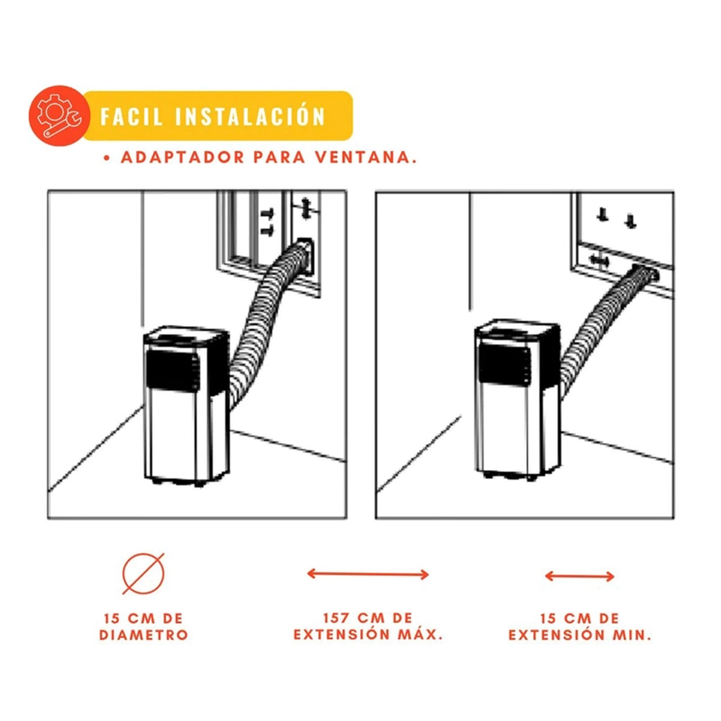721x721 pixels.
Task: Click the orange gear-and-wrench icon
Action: click(59, 116)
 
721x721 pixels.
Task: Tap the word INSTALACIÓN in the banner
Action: click(250, 116)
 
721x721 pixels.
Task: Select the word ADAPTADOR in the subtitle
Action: click(183, 157)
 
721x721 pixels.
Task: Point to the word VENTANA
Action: click(366, 157)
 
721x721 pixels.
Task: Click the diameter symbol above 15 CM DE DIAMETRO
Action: click(143, 573)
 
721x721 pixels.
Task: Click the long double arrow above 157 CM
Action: click(368, 574)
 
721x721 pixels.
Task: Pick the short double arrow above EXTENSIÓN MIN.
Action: click(580, 576)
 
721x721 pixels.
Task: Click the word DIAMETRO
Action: click(144, 635)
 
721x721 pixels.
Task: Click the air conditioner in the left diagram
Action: click(186, 406)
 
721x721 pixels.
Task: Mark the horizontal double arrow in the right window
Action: click(599, 261)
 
